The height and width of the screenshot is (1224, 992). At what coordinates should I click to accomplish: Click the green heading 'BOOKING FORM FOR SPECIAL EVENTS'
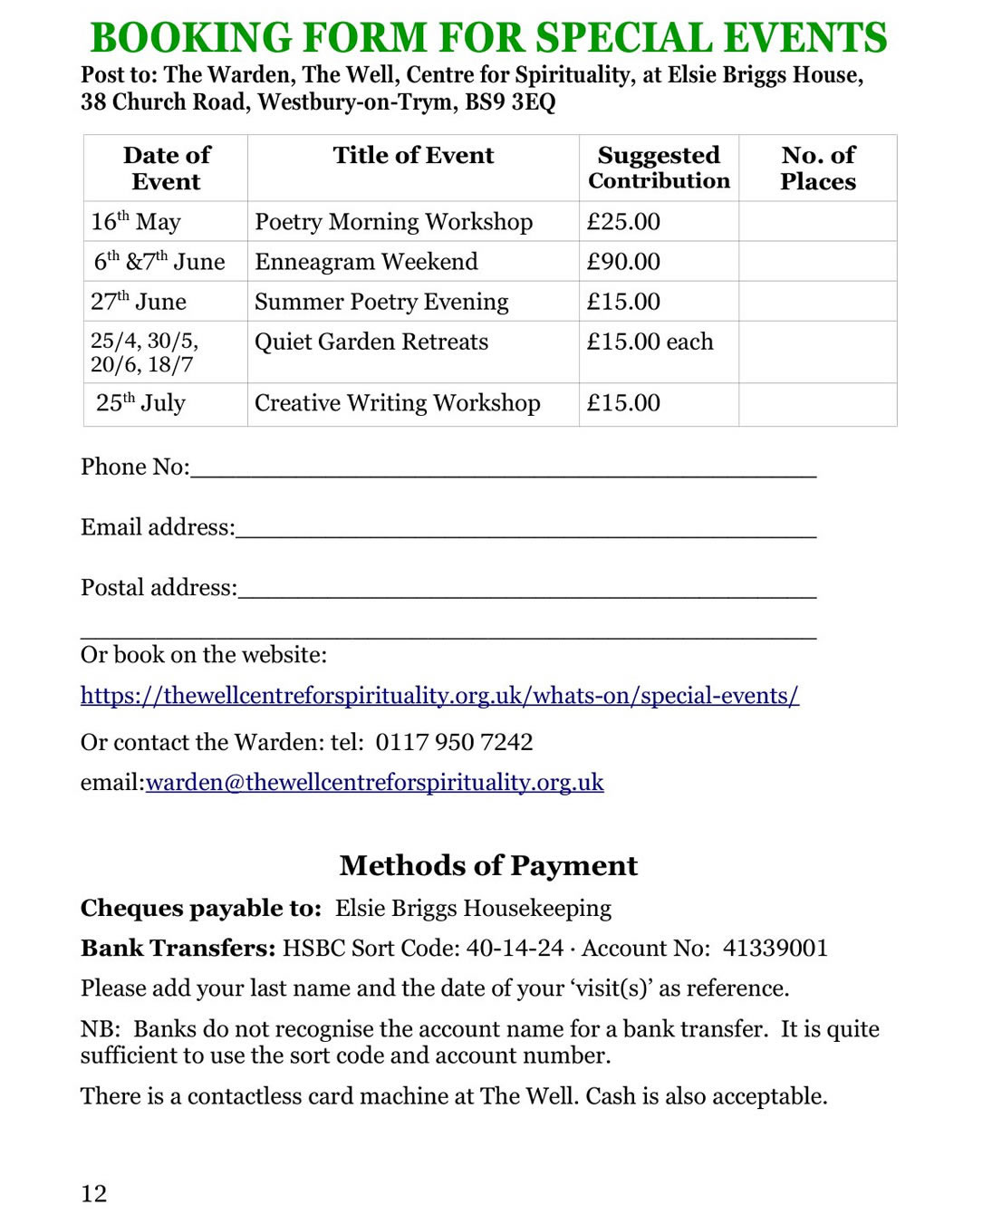point(488,38)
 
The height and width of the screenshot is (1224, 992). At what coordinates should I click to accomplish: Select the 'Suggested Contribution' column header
point(659,168)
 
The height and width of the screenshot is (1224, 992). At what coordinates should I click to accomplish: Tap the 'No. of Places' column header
point(817,168)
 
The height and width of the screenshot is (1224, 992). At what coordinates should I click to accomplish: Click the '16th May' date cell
point(136,222)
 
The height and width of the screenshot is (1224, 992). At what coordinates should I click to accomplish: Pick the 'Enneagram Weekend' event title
point(366,262)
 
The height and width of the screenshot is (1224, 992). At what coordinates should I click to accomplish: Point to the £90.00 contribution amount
point(623,262)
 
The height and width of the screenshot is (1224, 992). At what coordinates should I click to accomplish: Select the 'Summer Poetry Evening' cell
point(381,302)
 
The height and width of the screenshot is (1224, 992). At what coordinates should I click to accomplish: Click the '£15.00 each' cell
point(650,342)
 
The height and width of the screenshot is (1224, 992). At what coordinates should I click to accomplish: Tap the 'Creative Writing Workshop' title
point(397,403)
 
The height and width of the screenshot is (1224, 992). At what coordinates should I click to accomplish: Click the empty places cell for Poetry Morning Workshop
point(817,222)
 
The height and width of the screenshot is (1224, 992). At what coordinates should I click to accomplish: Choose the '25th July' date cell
point(140,403)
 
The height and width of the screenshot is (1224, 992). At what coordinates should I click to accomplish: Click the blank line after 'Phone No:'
point(503,468)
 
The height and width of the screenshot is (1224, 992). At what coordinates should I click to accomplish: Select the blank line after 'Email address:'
point(525,529)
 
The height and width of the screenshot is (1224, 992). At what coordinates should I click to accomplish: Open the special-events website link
point(439,696)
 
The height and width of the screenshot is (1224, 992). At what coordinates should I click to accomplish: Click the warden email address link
point(374,783)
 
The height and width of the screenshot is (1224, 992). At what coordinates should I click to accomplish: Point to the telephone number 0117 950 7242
point(454,743)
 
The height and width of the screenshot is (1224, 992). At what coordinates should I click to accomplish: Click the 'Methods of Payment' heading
point(488,866)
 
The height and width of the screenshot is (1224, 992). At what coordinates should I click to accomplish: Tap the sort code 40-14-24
point(515,949)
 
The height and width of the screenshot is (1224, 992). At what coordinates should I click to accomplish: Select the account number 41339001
point(775,949)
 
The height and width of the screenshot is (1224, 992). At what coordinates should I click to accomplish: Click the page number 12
point(94,1194)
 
